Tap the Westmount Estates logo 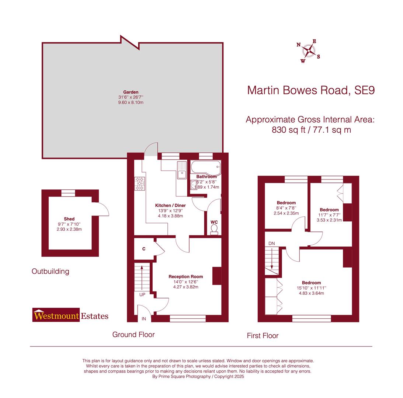point(70,315)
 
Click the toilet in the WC point(214,229)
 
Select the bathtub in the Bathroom point(205,168)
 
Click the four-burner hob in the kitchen point(140,184)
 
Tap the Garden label point(131,92)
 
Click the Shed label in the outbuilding point(69,219)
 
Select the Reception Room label point(185,276)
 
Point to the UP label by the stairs point(142,294)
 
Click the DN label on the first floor point(271,244)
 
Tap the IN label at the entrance point(144,318)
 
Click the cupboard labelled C point(144,249)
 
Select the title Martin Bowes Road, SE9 point(310,90)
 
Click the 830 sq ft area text point(311,130)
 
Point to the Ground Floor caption point(133,335)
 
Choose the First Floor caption point(263,336)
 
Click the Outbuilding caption point(50,272)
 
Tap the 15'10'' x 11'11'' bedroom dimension point(311,288)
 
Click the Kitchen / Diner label point(170,205)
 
